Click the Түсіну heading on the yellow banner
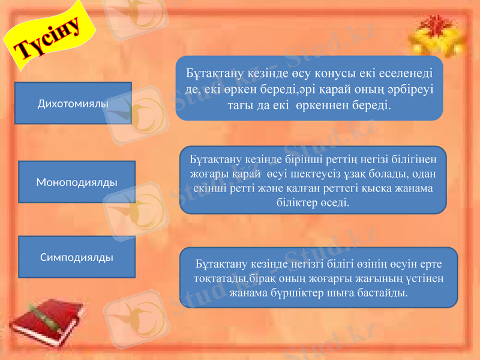(44, 38)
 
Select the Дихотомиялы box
(73, 103)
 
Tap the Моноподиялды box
(77, 181)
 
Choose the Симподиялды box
(77, 257)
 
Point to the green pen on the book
(44, 316)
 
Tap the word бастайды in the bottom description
(385, 294)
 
